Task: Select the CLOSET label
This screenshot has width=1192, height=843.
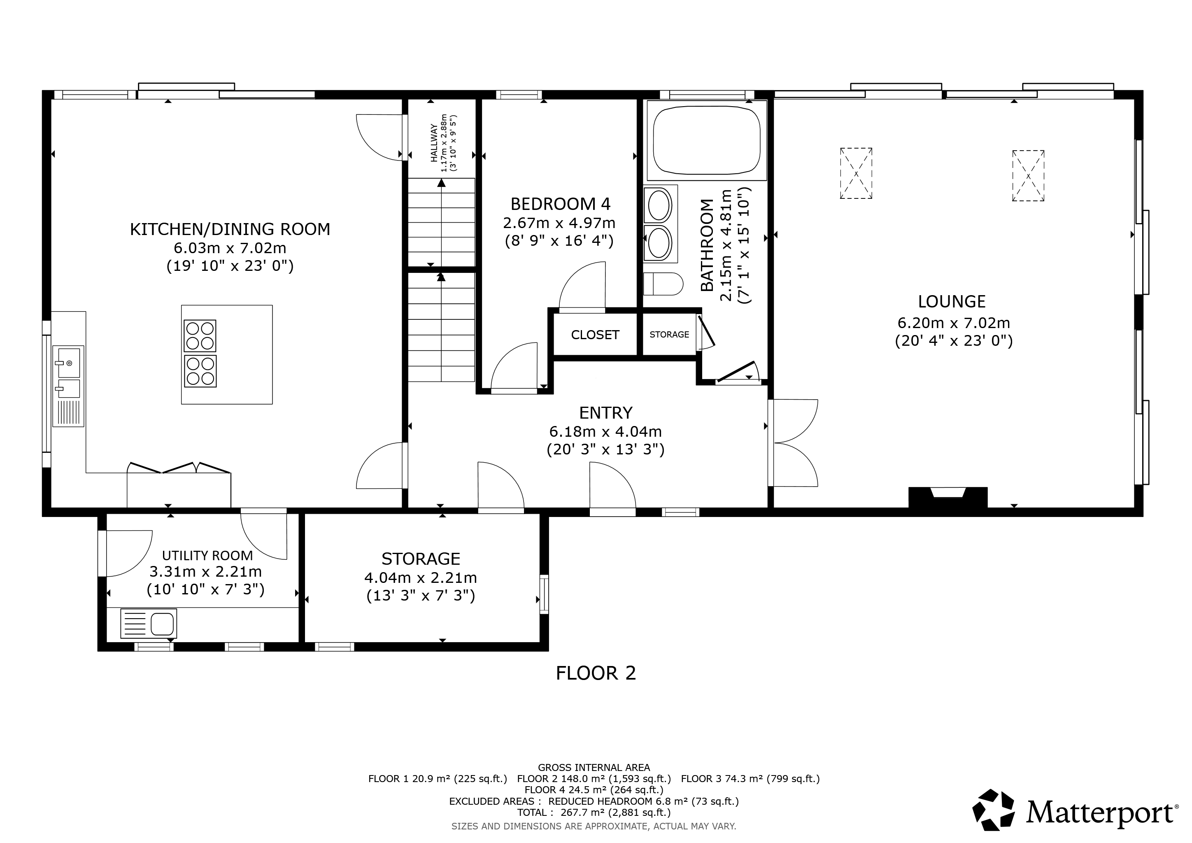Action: [595, 335]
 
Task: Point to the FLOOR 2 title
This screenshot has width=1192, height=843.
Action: [596, 673]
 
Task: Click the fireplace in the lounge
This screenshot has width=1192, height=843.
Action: [948, 497]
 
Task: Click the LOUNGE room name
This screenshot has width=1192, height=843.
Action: [952, 302]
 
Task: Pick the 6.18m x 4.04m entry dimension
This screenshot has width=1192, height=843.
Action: [605, 431]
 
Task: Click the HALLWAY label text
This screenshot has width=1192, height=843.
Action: [434, 143]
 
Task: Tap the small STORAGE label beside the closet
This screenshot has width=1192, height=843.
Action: [669, 335]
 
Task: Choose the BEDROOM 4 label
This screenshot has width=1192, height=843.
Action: [561, 203]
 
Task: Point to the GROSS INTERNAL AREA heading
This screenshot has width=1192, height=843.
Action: [594, 767]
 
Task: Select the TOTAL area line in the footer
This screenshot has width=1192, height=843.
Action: [594, 813]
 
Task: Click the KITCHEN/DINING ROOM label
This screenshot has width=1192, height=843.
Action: [230, 229]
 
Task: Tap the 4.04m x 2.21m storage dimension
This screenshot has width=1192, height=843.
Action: [421, 577]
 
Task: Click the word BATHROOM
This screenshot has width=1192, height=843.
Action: [707, 245]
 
